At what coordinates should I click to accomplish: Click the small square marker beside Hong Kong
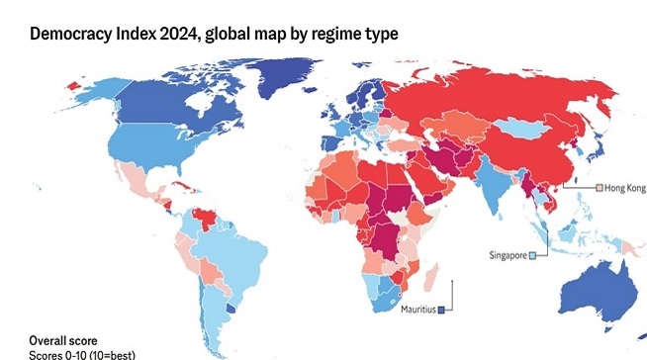pos(597,187)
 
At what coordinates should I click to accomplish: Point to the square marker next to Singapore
pos(532,255)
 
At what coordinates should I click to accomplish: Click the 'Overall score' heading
pos(63,340)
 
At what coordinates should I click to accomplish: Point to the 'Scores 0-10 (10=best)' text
pos(82,354)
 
